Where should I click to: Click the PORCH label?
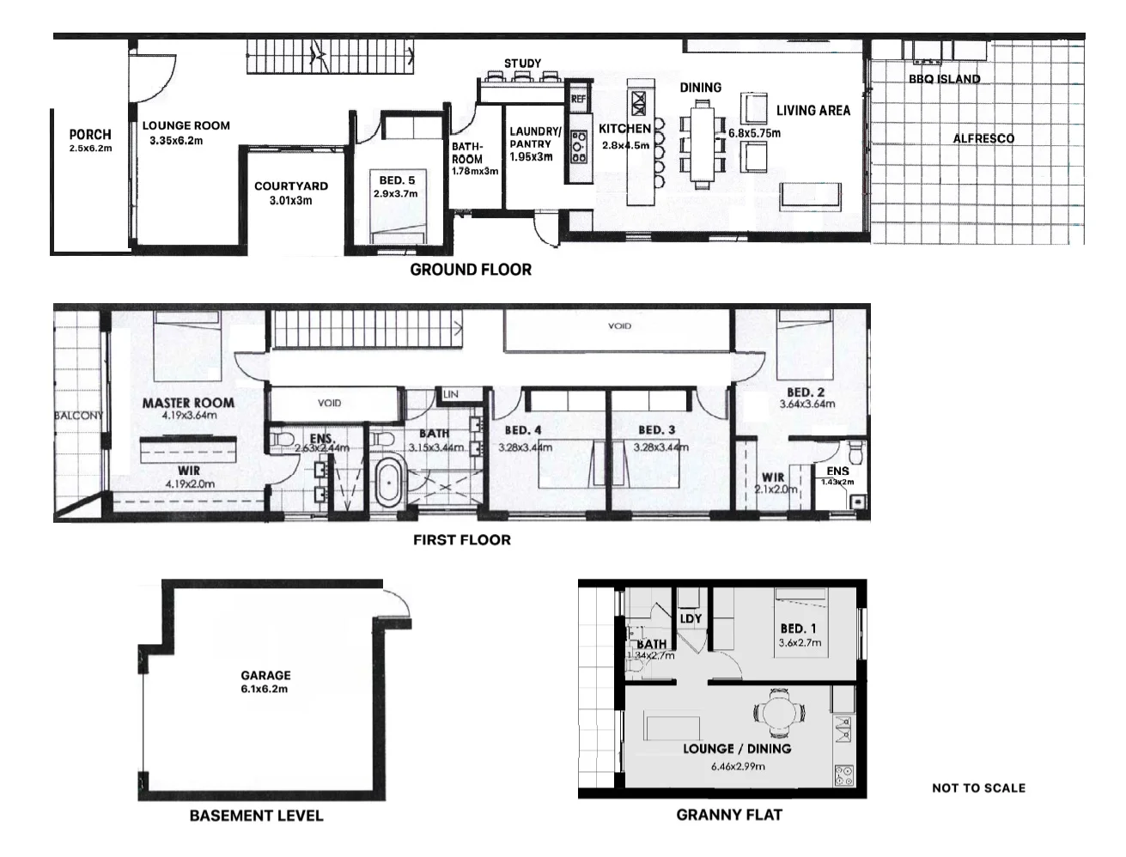pos(90,134)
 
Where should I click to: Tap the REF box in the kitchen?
pos(578,99)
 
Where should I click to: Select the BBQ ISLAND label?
pos(944,79)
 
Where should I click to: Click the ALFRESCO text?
pos(983,138)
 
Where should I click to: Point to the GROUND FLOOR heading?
pos(470,270)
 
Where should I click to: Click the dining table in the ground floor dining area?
pos(703,143)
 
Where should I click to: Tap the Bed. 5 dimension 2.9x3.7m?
pos(396,194)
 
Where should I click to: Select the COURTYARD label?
pos(290,185)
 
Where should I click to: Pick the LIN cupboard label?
pos(450,394)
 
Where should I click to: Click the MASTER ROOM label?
pos(188,403)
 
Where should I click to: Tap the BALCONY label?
pos(78,416)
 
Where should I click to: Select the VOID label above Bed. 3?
pos(619,326)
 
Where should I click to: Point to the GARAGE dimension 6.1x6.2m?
pos(265,689)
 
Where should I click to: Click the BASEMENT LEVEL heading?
pos(256,815)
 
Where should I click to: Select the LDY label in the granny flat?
pos(691,618)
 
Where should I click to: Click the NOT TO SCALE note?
pos(978,787)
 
